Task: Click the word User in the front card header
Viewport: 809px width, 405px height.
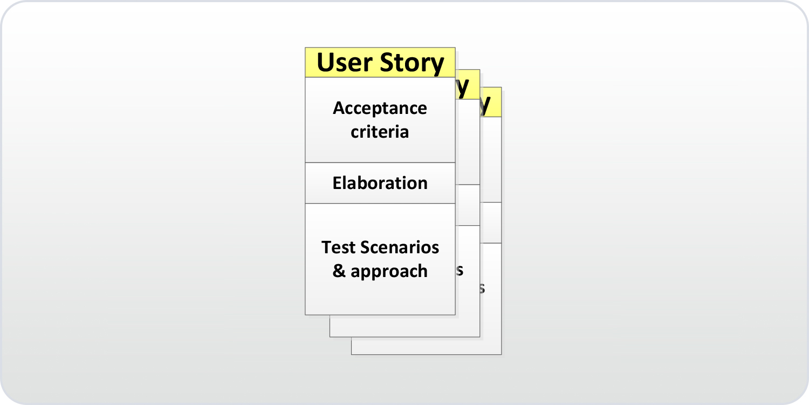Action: [345, 63]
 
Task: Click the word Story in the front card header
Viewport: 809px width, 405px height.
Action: [412, 64]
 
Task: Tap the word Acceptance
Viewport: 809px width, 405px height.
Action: [380, 109]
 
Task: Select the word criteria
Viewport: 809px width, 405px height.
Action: [380, 132]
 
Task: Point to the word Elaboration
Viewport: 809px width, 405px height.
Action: [380, 183]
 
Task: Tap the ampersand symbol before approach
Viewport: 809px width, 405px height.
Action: [339, 271]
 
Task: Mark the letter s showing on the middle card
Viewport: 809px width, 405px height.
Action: [460, 270]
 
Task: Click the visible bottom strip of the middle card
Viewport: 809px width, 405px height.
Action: [404, 326]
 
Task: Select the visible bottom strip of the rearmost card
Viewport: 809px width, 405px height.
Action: [426, 346]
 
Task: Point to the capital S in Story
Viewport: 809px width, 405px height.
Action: [389, 63]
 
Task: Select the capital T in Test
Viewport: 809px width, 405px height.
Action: [326, 247]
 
